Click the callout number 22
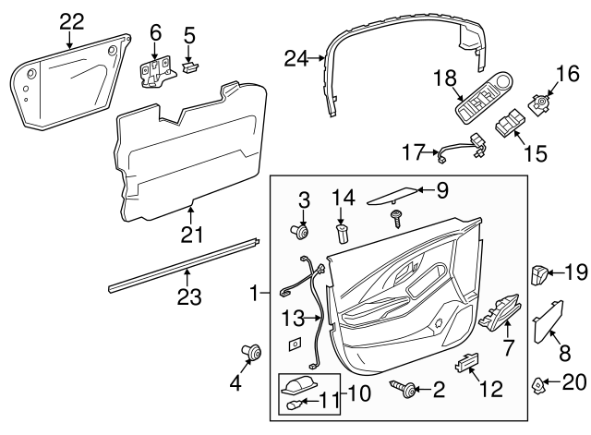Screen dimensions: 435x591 tap(71, 21)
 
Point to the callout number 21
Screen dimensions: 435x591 tap(191, 235)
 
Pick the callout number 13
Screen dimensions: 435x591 tap(293, 319)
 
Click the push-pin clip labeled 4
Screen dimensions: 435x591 tap(249, 351)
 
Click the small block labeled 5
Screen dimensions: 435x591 tap(190, 66)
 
